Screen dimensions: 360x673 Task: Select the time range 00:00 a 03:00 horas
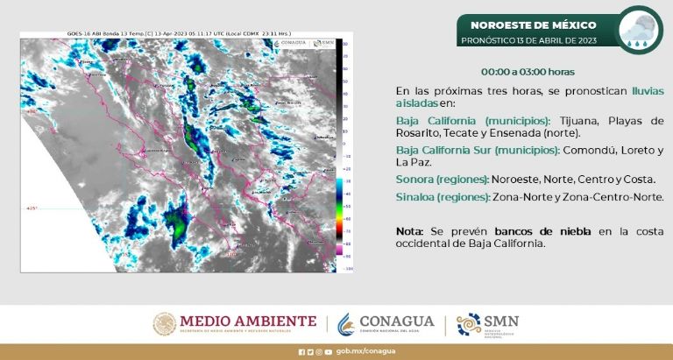[x=528, y=71]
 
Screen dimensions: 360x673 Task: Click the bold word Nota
[x=409, y=230]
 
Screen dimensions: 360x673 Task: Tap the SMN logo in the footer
[x=488, y=324]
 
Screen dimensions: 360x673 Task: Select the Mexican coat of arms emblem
[x=164, y=324]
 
